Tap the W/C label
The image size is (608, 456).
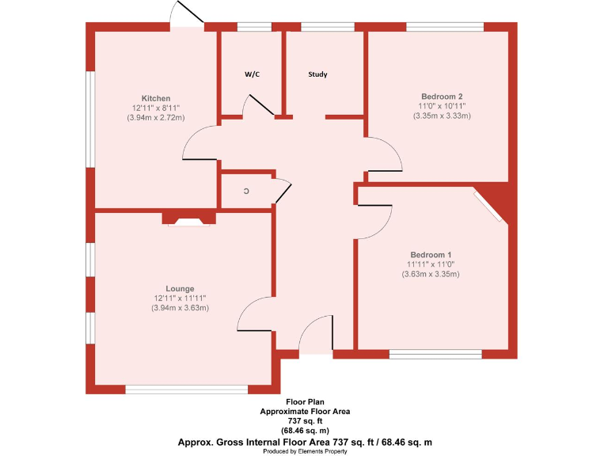point(252,74)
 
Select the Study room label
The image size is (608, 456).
point(317,74)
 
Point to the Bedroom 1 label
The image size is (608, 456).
point(430,254)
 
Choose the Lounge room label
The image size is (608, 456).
point(180,288)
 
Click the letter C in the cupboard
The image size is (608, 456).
point(246,192)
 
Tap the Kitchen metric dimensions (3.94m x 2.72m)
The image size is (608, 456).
point(156,118)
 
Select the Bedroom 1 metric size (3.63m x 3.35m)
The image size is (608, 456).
point(430,274)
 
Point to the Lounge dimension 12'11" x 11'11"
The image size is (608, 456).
point(180,298)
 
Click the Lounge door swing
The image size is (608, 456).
point(255,314)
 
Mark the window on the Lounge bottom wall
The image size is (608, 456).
point(187,388)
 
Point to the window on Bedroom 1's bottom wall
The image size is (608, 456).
point(435,354)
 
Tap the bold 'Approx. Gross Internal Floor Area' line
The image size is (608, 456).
point(306,441)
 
